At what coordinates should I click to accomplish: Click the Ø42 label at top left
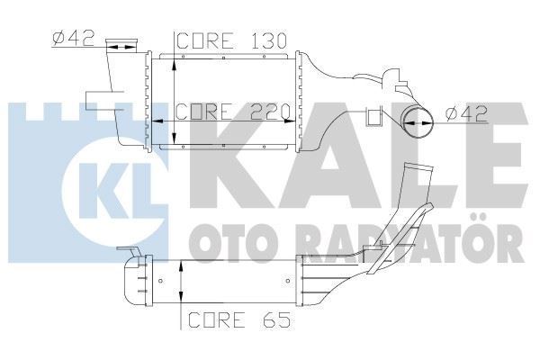pyautogui.click(x=69, y=39)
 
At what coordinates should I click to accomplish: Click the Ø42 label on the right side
pyautogui.click(x=467, y=112)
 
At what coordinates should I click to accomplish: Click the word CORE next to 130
pyautogui.click(x=203, y=40)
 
